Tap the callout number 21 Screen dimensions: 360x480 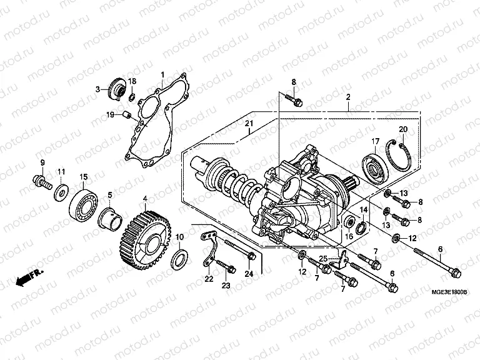(x=249, y=122)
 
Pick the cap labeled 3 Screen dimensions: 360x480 (x=117, y=88)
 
